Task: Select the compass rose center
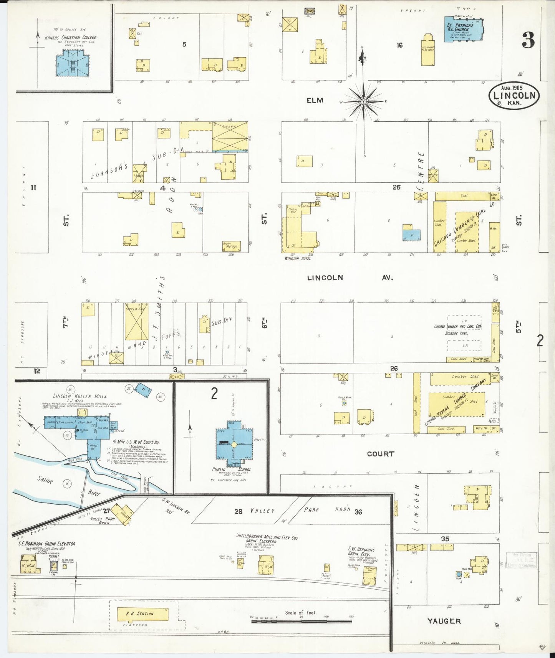click(x=363, y=102)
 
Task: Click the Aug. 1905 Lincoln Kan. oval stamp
click(x=514, y=96)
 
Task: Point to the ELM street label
click(x=315, y=101)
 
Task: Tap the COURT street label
click(x=380, y=454)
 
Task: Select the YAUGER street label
click(x=444, y=621)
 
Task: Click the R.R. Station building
click(x=142, y=614)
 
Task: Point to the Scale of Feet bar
click(x=302, y=621)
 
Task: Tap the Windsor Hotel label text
click(x=297, y=258)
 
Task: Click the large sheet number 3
click(x=528, y=40)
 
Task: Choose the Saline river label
click(x=45, y=479)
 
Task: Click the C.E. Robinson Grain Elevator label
click(x=47, y=544)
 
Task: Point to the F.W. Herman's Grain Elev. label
click(x=361, y=551)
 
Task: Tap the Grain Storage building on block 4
click(x=231, y=246)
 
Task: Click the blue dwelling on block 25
click(x=411, y=235)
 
